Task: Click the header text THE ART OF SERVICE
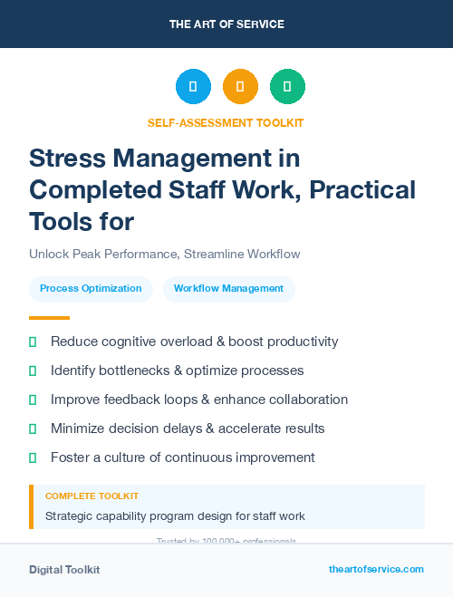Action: [x=226, y=24]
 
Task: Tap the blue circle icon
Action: [x=193, y=87]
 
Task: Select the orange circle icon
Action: [x=240, y=87]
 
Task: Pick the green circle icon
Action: [x=287, y=87]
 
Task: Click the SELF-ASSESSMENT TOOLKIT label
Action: [x=226, y=122]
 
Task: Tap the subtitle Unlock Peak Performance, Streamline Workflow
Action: [x=164, y=254]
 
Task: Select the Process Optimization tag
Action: [x=91, y=289]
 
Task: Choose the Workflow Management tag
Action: [x=228, y=289]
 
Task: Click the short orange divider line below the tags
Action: [x=49, y=318]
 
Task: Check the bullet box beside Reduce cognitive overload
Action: [x=34, y=342]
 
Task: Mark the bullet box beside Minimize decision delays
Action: [x=34, y=428]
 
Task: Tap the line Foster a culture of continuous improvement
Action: [x=182, y=457]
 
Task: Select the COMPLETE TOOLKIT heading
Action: [x=92, y=496]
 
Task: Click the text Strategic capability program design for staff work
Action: [x=175, y=516]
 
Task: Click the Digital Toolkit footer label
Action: [x=64, y=570]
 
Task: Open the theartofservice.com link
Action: [x=376, y=569]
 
